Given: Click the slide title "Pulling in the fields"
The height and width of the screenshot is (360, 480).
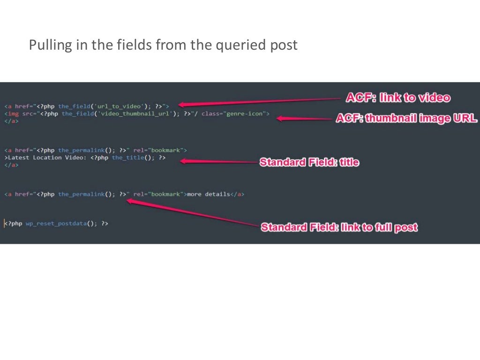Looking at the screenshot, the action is click(x=163, y=45).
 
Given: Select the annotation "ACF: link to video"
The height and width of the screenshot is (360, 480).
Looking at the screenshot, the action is click(x=398, y=97).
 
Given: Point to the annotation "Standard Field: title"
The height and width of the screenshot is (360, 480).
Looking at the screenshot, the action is click(x=309, y=162).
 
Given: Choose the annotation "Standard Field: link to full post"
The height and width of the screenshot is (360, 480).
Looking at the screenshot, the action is click(x=339, y=227).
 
